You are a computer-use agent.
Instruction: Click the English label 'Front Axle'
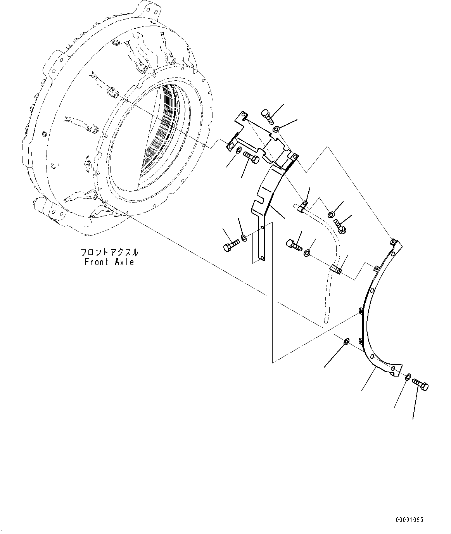click(x=109, y=262)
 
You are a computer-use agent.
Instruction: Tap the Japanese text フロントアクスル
click(x=109, y=252)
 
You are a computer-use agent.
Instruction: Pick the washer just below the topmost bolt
click(x=276, y=129)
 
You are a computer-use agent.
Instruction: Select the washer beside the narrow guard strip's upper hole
click(x=244, y=237)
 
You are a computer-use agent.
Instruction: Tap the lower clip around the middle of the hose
click(x=336, y=269)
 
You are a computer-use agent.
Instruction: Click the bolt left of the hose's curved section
click(x=294, y=244)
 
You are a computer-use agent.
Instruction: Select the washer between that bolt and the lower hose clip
click(x=306, y=253)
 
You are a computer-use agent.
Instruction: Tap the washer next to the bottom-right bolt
click(x=408, y=377)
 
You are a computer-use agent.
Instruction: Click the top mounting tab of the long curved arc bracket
click(x=394, y=242)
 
